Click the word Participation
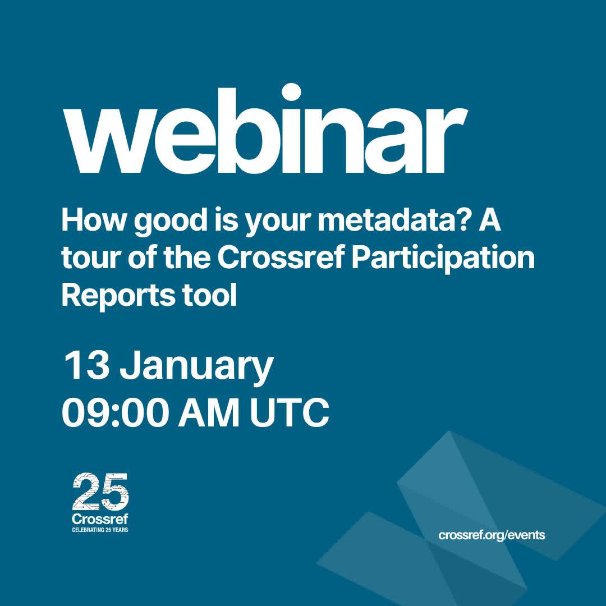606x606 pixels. pos(443,258)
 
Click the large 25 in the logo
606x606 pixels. pos(100,492)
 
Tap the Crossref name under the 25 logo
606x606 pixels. pos(100,519)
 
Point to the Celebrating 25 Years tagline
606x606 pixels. pos(100,530)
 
